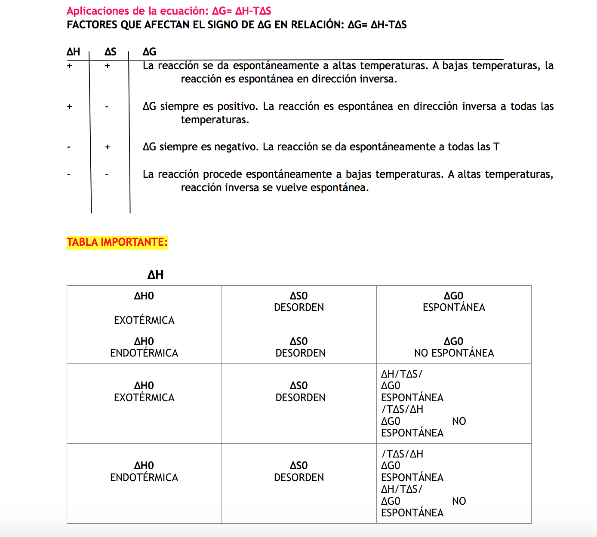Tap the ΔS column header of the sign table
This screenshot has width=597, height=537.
[110, 52]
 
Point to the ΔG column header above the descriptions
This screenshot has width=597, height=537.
[149, 52]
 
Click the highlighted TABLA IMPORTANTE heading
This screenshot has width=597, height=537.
[117, 242]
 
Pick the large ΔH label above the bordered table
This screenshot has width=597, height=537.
[155, 275]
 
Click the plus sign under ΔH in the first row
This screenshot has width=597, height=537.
[69, 66]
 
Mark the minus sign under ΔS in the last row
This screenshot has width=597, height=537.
[107, 175]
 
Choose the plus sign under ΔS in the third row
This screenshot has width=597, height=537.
[108, 147]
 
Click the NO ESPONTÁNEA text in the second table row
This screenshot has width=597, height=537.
[454, 353]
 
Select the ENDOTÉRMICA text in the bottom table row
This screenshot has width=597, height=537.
[144, 478]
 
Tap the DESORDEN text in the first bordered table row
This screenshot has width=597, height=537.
[299, 308]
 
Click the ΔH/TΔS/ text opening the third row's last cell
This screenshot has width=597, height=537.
[402, 374]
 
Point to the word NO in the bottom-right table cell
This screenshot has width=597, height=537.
[459, 501]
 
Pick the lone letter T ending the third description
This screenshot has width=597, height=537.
[496, 147]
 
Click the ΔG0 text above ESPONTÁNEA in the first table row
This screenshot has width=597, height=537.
[453, 296]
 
